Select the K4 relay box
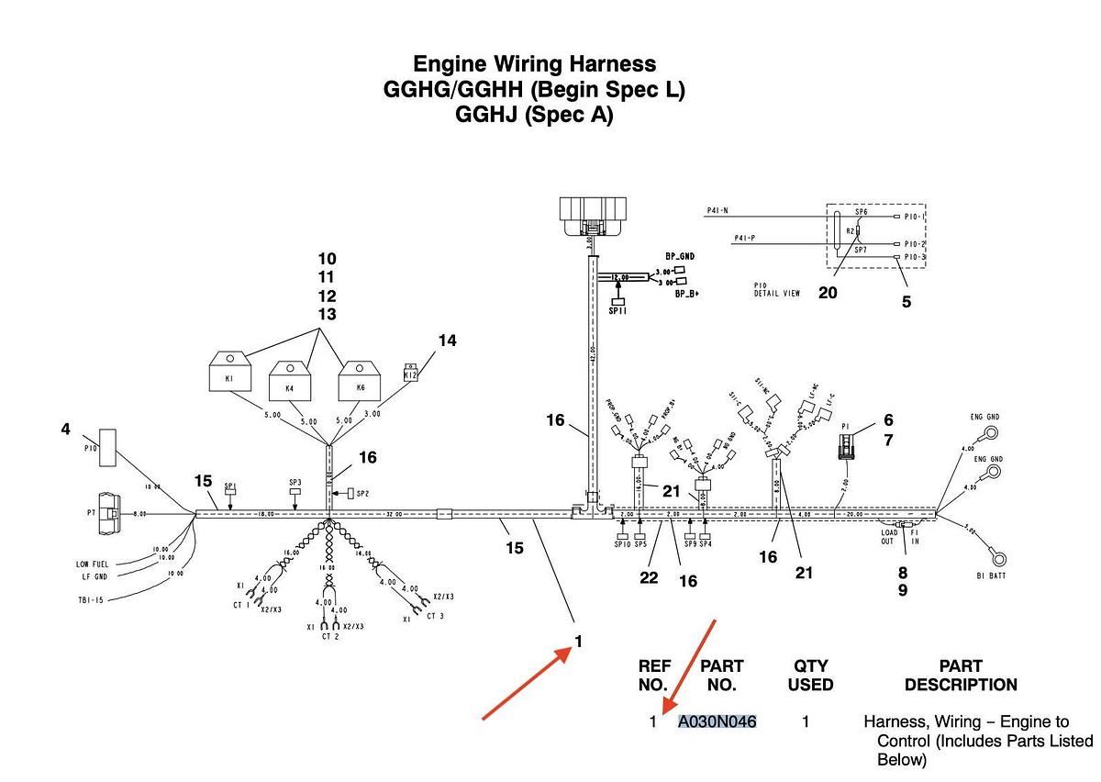[x=291, y=382]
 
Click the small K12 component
[x=411, y=374]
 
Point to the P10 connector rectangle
[x=108, y=446]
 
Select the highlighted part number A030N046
[x=717, y=721]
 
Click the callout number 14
[x=446, y=341]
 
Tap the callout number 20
[x=828, y=293]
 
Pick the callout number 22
[x=649, y=577]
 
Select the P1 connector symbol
[x=847, y=447]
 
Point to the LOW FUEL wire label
[x=94, y=564]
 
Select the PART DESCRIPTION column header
[x=960, y=676]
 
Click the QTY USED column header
[x=810, y=676]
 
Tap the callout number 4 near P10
[x=65, y=429]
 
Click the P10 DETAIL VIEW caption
[x=777, y=290]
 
